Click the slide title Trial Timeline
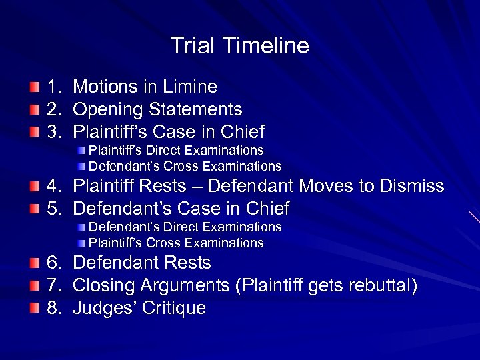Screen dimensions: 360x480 tap(240, 46)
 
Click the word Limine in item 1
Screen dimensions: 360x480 tap(192, 87)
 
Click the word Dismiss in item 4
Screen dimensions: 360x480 tap(413, 186)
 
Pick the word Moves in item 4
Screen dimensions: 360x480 tap(327, 186)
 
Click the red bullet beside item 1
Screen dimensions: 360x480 tap(33, 87)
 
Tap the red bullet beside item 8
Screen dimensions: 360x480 tap(33, 309)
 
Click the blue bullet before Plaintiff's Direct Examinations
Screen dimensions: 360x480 tap(81, 151)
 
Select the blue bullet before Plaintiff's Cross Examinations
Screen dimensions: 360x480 tap(81, 243)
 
